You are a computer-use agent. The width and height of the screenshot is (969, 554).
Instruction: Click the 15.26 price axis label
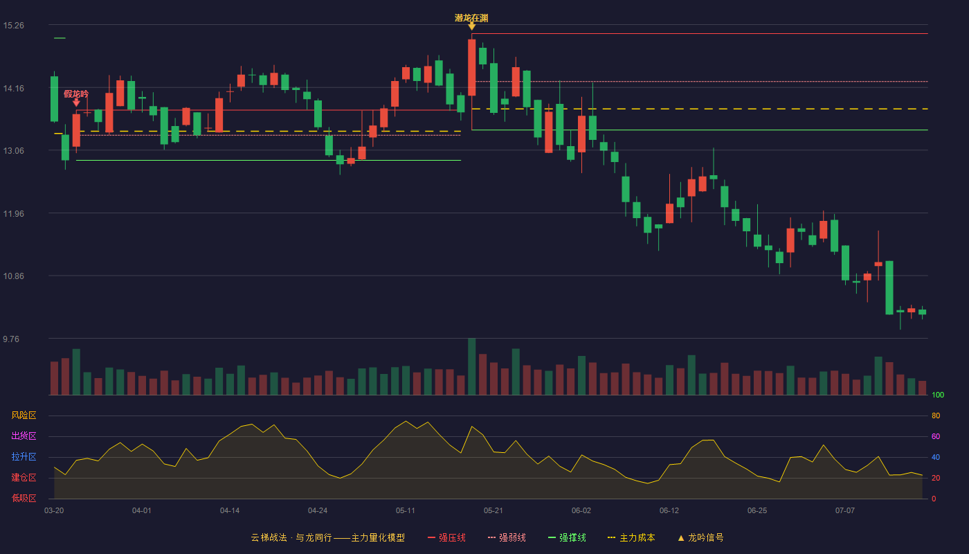(13, 26)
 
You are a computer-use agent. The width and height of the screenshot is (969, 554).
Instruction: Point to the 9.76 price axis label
(11, 339)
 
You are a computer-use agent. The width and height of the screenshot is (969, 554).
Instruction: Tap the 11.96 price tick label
(13, 213)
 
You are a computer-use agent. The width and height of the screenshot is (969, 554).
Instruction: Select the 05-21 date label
(493, 511)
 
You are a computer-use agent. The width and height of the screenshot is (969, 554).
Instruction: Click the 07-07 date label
(845, 511)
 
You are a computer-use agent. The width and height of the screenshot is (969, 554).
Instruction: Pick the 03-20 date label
(54, 511)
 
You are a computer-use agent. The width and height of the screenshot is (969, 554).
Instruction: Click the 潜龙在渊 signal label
(471, 18)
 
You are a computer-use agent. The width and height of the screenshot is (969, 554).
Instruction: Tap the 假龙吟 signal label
(76, 94)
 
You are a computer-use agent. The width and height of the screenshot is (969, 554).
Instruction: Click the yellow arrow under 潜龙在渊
(472, 27)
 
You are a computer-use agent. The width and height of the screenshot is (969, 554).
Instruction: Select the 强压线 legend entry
(447, 537)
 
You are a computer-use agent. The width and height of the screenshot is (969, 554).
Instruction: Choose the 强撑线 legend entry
(567, 537)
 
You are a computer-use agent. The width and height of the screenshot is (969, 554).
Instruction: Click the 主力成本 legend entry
(631, 537)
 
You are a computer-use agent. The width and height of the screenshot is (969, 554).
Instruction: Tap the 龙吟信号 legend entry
(700, 537)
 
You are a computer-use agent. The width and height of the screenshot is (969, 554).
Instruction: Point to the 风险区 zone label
(24, 415)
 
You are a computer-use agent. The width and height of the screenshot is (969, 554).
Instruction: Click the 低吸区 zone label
(24, 498)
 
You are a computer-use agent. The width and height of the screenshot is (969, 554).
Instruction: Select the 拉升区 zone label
(24, 456)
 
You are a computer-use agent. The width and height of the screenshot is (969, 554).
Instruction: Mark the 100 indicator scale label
(938, 395)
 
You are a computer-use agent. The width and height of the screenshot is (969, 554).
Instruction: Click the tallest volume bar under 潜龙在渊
(472, 366)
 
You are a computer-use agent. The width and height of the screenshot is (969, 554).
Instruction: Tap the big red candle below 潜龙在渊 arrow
(472, 68)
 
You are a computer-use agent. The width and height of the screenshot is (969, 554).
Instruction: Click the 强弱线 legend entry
(507, 537)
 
